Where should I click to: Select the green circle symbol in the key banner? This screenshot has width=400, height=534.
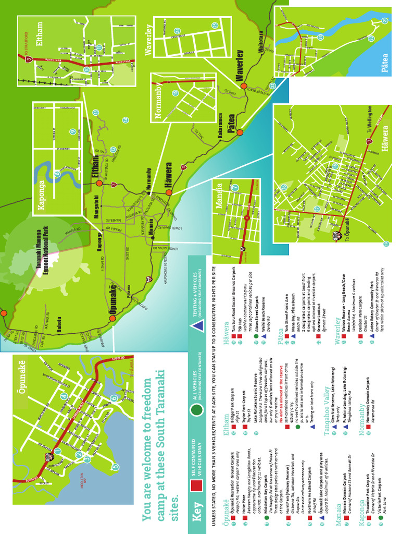pyautogui.click(x=196, y=411)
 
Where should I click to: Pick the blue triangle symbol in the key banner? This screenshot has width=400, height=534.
pyautogui.click(x=196, y=326)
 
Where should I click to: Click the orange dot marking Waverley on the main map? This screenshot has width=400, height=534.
pyautogui.click(x=243, y=87)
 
